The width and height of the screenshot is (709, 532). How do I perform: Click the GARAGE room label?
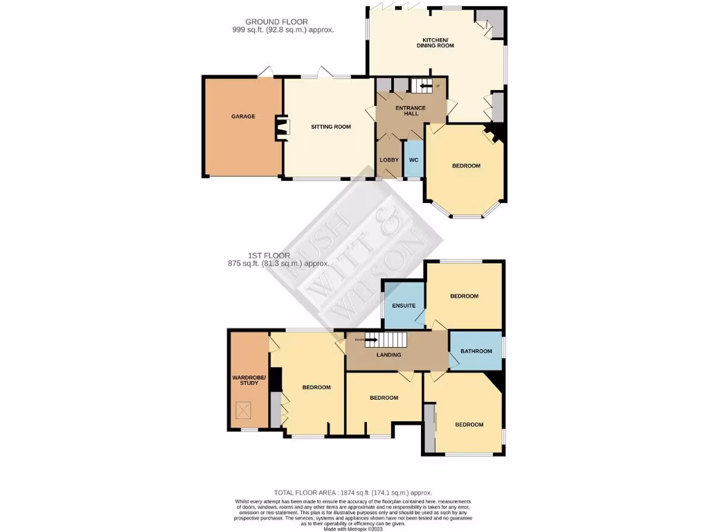[243, 116]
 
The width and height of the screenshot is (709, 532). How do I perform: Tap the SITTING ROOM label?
[330, 127]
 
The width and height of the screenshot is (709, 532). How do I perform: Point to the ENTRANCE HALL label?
[411, 111]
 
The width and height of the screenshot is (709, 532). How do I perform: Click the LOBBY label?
[389, 160]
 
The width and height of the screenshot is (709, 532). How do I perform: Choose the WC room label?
[413, 160]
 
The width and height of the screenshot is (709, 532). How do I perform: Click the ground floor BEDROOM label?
[466, 166]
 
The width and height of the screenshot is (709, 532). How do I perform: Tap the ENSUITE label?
[403, 305]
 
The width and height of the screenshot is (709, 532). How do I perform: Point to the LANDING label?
[388, 355]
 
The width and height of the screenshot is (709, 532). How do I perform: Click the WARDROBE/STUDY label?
[245, 380]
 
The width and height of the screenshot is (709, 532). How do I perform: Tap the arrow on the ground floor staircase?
[423, 86]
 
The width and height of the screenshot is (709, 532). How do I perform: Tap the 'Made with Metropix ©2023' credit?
[354, 529]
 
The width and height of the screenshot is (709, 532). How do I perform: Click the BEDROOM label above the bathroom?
[464, 296]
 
